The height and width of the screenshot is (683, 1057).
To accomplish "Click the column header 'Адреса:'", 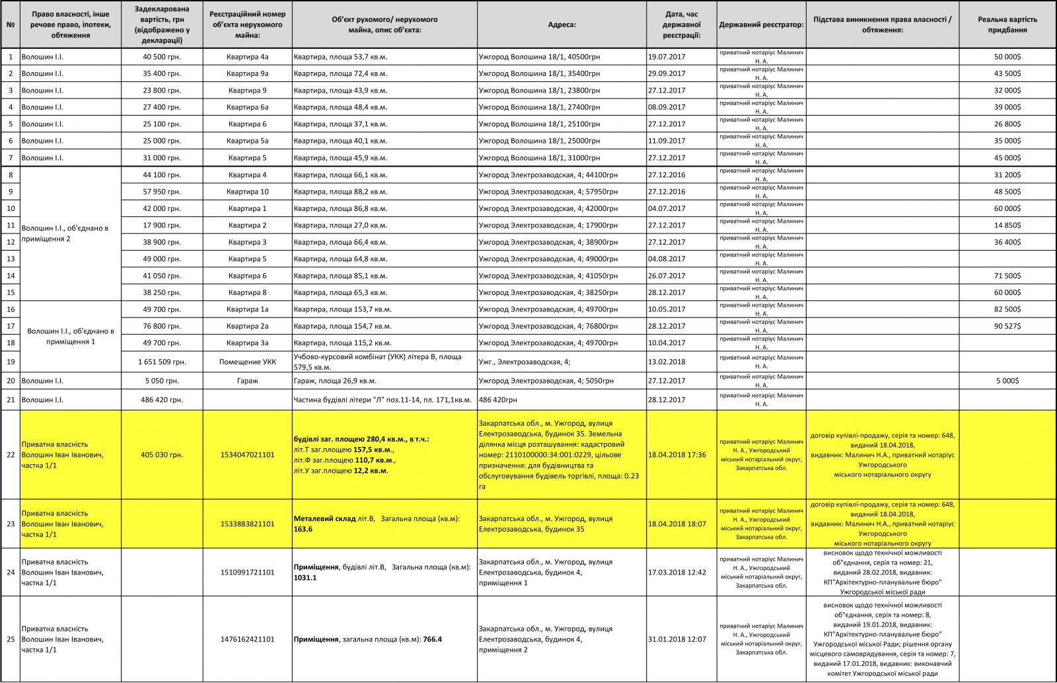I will (x=562, y=24).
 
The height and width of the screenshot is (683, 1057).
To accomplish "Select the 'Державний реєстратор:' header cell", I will (x=761, y=24).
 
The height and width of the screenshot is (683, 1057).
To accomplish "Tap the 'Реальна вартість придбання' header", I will (x=1007, y=24).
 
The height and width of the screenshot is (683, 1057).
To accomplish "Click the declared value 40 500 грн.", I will (x=162, y=57).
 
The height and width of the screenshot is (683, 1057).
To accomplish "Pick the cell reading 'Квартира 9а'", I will (x=247, y=73).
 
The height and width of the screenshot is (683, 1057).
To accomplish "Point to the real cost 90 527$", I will (x=1007, y=326).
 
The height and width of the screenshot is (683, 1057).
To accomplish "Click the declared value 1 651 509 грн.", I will (x=162, y=362).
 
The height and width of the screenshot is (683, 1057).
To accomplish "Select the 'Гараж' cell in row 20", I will (x=247, y=381).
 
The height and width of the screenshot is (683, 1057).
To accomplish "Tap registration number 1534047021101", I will (x=247, y=455).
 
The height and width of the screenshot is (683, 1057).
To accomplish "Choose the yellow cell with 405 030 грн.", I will (x=162, y=455).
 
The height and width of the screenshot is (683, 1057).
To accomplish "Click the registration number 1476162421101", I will (x=247, y=639).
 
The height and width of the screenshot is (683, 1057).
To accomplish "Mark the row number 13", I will (x=11, y=259).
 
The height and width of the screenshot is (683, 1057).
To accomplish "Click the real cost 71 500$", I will (x=1007, y=276).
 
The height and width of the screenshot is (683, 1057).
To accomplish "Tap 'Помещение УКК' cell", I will (x=247, y=362).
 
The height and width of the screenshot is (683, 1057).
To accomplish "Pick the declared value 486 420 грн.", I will (x=162, y=400).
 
